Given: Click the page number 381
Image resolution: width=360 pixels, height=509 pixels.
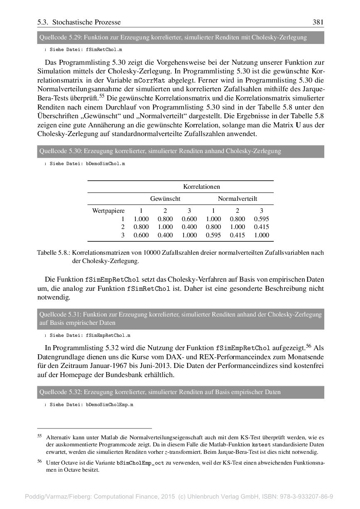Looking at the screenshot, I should [318, 22].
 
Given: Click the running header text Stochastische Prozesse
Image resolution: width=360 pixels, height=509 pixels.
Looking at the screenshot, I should [86, 22].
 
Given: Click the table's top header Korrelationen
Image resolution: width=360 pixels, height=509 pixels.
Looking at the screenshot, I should [201, 187].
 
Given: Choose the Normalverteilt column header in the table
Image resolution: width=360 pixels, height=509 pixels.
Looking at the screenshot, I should [238, 199].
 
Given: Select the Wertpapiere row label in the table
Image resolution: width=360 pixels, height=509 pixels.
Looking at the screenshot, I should [108, 211].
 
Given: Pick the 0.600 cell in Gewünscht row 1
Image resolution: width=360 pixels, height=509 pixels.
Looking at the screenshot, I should [189, 219].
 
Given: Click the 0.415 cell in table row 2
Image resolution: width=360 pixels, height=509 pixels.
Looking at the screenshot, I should [262, 227].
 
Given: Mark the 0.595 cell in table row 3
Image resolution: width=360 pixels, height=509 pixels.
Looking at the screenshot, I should [213, 235].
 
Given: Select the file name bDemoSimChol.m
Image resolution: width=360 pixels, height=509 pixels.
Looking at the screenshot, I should [105, 164].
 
